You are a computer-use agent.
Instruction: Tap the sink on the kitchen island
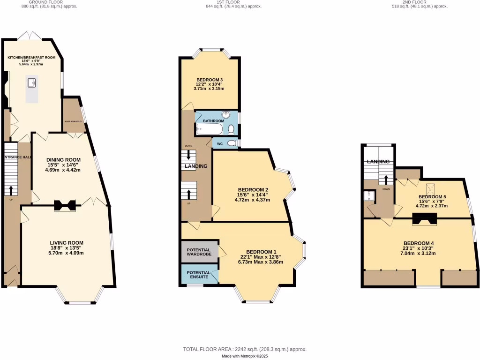[x=32, y=83]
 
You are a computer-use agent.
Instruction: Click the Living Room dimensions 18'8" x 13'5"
[x=67, y=248]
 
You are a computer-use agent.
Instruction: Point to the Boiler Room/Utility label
[x=74, y=122]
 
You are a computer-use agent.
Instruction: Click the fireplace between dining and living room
[x=64, y=205]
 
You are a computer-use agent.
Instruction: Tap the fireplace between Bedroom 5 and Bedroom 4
[x=425, y=217]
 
